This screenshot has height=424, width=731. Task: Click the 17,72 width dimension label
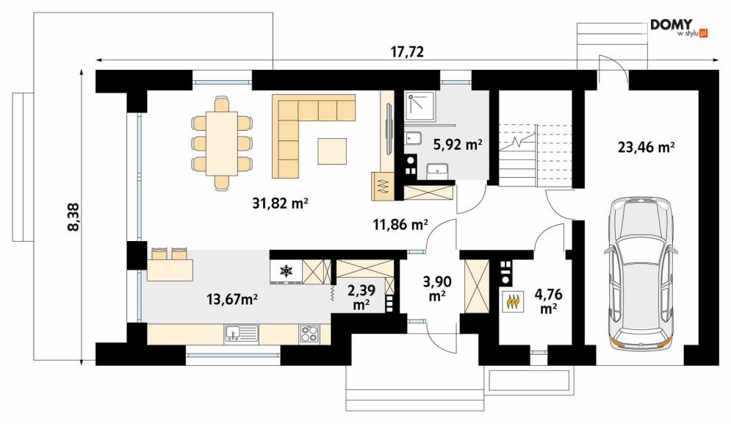click(407, 51)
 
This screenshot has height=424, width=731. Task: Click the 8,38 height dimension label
click(74, 217)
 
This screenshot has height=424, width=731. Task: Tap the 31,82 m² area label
click(280, 204)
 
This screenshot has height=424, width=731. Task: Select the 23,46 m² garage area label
click(647, 148)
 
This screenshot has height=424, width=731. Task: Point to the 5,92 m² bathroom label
click(458, 145)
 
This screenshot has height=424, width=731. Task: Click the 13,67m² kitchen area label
click(232, 299)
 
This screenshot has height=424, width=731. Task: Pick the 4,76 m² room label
click(549, 301)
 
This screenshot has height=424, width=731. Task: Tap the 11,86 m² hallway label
click(400, 226)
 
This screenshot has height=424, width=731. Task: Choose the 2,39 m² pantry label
click(361, 297)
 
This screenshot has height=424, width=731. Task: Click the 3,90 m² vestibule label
click(437, 288)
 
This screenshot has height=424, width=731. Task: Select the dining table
click(222, 143)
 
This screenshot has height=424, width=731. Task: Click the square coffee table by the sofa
click(332, 151)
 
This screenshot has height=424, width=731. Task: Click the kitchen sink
click(242, 334)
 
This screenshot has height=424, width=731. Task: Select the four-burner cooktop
click(309, 334)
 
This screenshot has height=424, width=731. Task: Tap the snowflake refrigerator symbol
click(285, 270)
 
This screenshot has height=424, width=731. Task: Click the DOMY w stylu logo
click(679, 27)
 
